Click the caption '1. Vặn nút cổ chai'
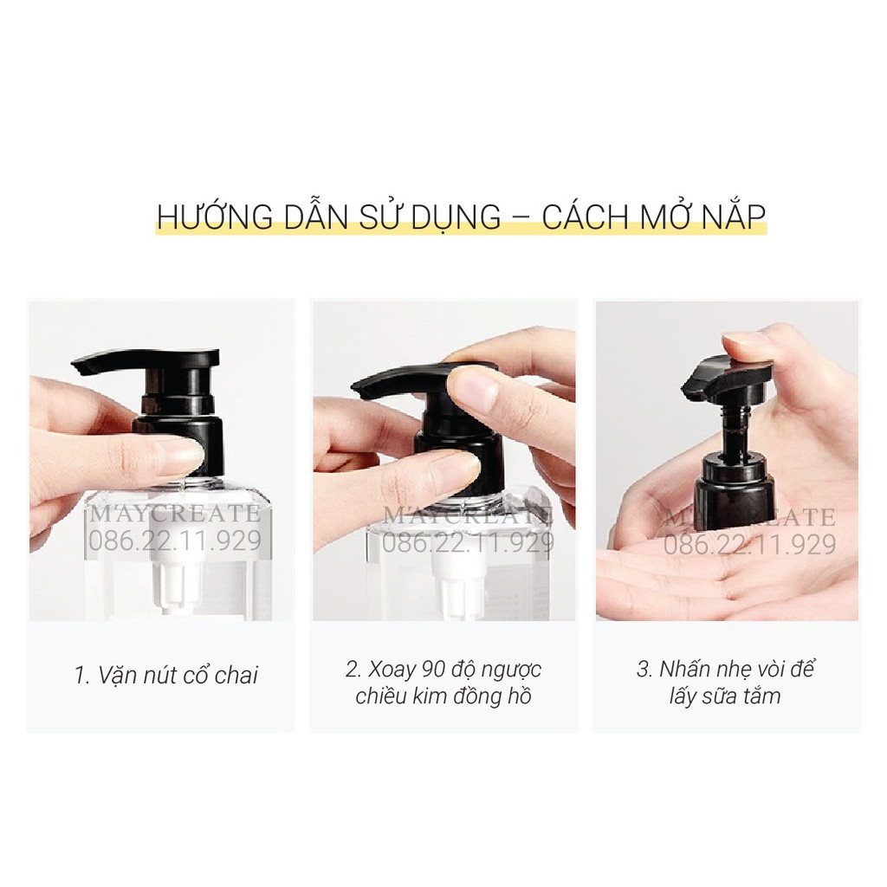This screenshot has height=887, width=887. (x=166, y=676)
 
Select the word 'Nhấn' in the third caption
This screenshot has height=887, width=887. (x=690, y=670)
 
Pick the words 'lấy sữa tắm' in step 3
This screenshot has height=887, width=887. (x=724, y=696)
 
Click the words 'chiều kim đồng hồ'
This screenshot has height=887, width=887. (x=443, y=696)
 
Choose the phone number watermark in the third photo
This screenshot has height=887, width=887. (x=750, y=545)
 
